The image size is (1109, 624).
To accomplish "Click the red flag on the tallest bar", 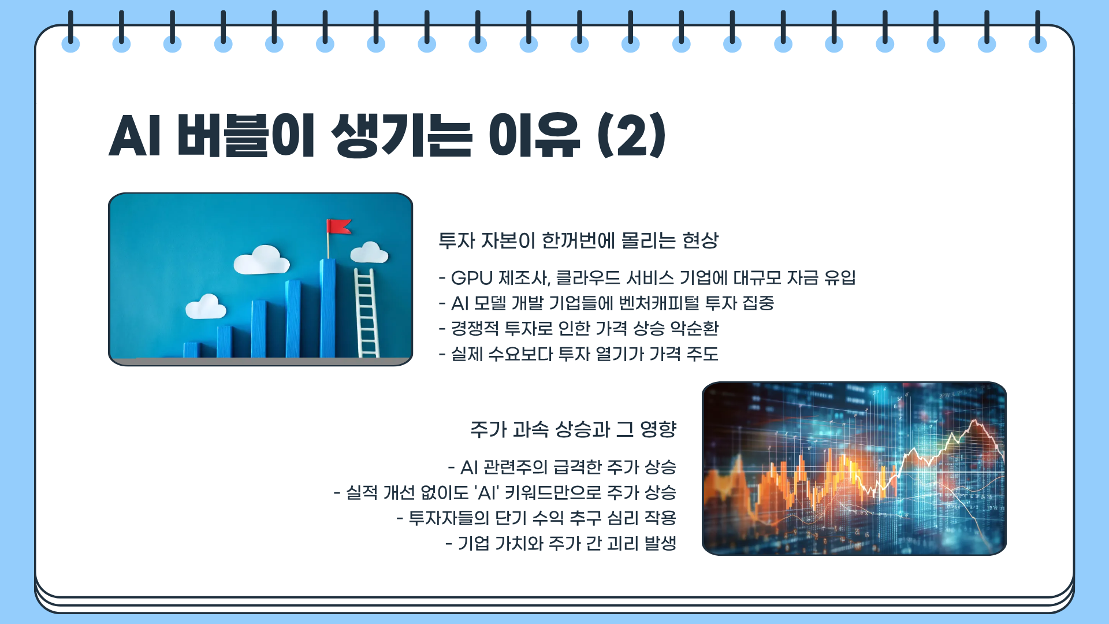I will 339,226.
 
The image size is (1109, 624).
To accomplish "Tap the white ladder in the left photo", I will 367,312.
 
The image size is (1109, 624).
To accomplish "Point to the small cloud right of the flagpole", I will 369,253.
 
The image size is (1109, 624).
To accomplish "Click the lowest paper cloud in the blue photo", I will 206,307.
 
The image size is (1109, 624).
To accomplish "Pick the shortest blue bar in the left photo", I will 191,350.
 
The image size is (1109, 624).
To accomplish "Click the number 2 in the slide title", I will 632,136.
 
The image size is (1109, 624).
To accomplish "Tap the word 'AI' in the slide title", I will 134,136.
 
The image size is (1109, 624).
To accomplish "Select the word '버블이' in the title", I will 245,136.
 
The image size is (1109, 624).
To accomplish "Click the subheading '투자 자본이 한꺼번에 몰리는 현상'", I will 578,240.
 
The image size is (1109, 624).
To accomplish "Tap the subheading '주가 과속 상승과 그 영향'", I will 573,429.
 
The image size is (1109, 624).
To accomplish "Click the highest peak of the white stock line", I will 976,421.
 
